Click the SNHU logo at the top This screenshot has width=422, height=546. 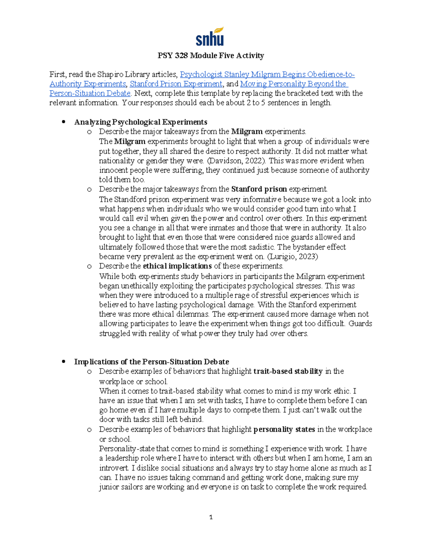210,37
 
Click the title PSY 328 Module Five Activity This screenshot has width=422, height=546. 211,56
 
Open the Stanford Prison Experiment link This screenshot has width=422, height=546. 176,84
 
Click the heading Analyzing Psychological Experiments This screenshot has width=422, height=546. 141,122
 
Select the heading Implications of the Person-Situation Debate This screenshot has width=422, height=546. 152,362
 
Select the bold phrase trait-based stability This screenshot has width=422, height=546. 288,371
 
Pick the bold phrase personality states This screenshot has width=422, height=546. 284,429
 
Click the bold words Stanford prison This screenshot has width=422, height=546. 259,189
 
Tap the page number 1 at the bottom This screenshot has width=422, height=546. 211,517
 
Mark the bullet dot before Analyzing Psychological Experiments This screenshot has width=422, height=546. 64,122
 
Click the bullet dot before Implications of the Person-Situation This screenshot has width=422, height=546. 64,362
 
